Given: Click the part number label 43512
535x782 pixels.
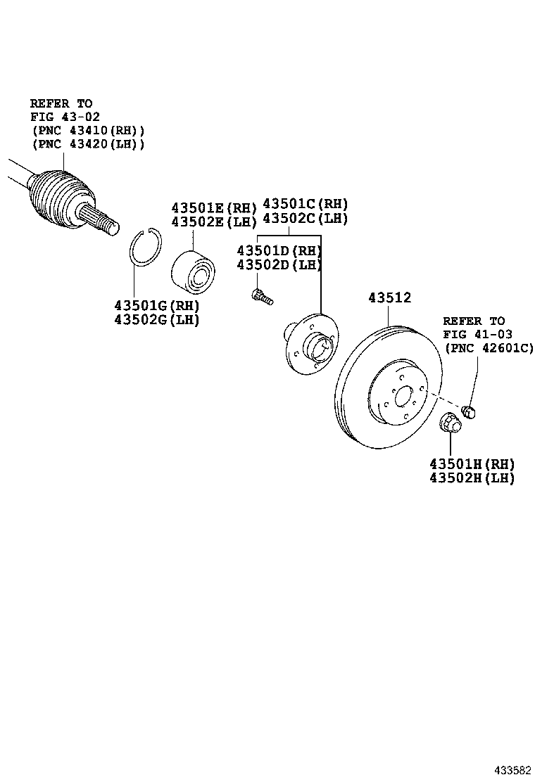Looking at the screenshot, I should pos(389,298).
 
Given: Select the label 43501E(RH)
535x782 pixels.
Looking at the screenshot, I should pos(214,208).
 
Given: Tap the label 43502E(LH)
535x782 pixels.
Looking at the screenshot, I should pos(214,222).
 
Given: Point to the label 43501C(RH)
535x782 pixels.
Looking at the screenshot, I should pos(306,204).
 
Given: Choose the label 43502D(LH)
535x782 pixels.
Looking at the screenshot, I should pos(279,265).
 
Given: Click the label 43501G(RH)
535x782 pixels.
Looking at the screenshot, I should pos(157,306).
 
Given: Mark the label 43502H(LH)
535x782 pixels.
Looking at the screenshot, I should pos(472,478).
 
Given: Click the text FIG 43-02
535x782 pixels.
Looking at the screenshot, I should pos(61,117).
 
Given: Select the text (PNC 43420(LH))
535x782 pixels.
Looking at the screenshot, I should pos(88,143).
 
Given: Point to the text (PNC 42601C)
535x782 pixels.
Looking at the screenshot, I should pos(489,348).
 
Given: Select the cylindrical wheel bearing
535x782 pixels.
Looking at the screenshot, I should pos(195,269).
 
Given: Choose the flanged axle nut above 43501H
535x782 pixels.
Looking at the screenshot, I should pos(450,424).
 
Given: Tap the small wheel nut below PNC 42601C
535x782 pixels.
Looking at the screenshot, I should pos(470,411).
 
